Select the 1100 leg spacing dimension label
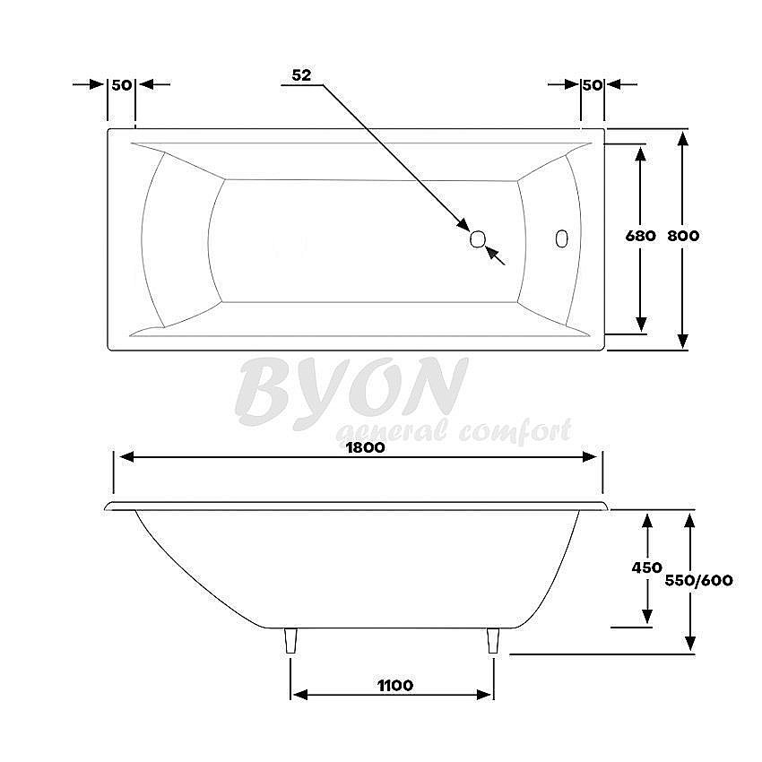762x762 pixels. (394, 686)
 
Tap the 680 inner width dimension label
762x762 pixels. (640, 237)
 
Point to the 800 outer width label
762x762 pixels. (683, 237)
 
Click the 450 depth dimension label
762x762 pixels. (646, 567)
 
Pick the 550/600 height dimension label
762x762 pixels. (699, 580)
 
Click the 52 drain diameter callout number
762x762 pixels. (301, 76)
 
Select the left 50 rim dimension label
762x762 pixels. (122, 84)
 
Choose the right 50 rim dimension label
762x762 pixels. (592, 84)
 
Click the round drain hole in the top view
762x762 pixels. (478, 238)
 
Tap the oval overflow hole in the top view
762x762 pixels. (562, 238)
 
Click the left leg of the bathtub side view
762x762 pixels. (290, 641)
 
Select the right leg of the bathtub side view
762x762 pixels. (492, 641)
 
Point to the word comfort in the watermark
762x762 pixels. (515, 432)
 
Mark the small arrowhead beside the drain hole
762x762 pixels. (491, 253)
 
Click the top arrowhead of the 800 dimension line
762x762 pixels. (683, 139)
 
